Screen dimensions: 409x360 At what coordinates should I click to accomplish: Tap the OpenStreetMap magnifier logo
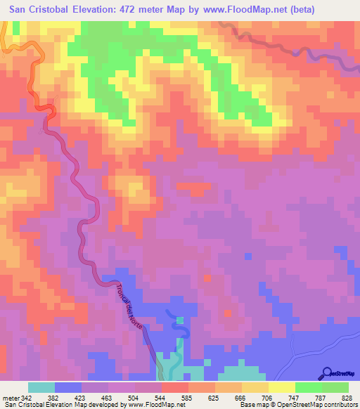327,372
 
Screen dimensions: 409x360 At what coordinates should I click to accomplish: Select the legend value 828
344,398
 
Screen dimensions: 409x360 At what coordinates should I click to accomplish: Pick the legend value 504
129,398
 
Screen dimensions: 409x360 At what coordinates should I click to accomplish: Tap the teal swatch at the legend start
41,387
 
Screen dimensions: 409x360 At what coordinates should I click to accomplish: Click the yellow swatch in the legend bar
282,387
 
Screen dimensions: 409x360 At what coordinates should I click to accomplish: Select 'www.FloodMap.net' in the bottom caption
156,405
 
